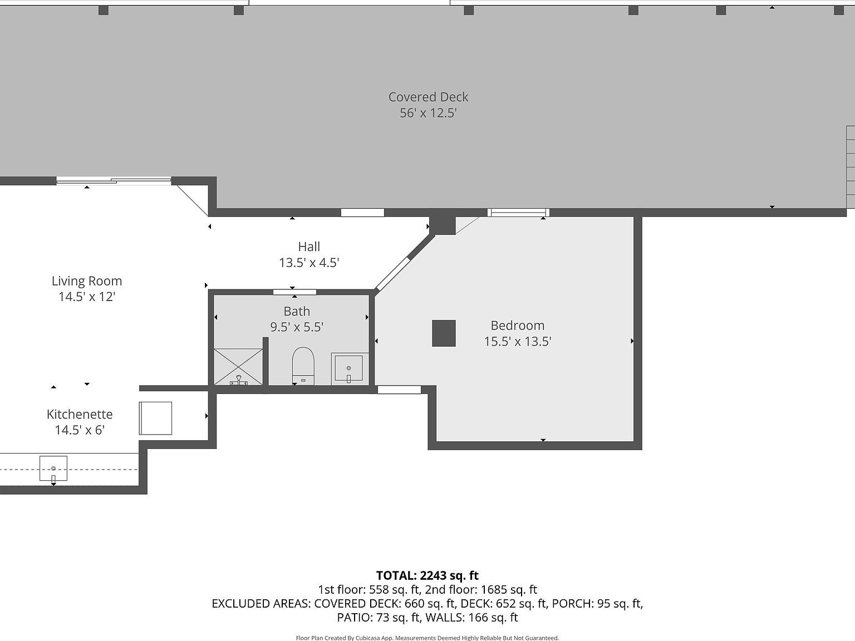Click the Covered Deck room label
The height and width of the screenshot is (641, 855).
[x=428, y=97]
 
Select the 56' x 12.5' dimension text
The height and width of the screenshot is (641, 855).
[x=428, y=113]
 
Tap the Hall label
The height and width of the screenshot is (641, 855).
[x=309, y=246]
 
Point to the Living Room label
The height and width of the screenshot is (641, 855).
[x=87, y=281]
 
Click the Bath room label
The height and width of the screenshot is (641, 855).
[x=297, y=311]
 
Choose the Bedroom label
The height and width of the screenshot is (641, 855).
[x=517, y=326]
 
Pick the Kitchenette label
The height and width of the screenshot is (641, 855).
[x=80, y=414]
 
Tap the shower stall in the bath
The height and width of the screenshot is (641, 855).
[x=238, y=367]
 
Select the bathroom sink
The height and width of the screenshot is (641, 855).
[x=348, y=368]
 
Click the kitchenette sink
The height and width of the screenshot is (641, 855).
[x=53, y=469]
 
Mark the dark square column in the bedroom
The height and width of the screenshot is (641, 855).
[x=444, y=333]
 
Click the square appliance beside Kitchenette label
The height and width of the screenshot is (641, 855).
[x=155, y=418]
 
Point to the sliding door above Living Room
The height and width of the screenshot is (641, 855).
[x=114, y=180]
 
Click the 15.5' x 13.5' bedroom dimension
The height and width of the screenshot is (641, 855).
[x=517, y=341]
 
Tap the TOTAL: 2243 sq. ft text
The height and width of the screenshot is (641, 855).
[x=427, y=575]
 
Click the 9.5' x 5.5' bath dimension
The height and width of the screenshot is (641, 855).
[x=297, y=327]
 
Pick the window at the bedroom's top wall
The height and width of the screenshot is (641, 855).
[x=518, y=212]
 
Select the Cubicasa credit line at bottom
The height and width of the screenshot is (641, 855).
[x=427, y=638]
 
